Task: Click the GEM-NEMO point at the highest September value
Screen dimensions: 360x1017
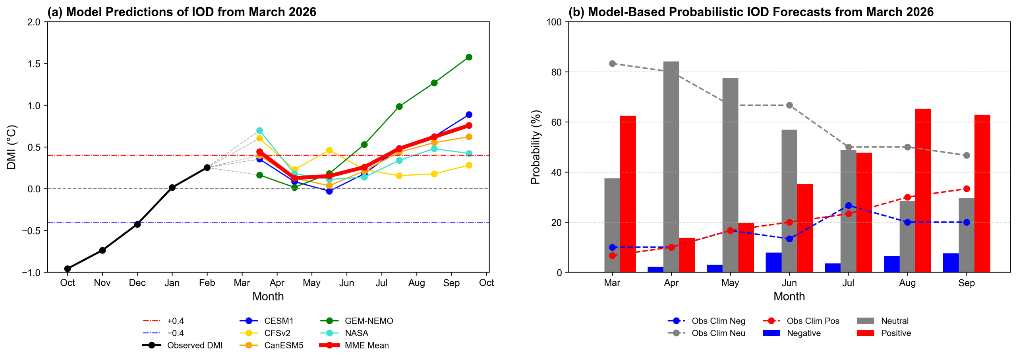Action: pyautogui.click(x=469, y=57)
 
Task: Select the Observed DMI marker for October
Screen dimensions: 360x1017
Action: pyautogui.click(x=68, y=269)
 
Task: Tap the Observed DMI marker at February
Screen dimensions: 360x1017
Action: pyautogui.click(x=207, y=168)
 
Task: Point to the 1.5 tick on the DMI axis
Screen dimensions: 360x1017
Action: pyautogui.click(x=34, y=64)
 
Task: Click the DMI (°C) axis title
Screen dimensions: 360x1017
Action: pyautogui.click(x=12, y=147)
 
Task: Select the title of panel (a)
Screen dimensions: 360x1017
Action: pyautogui.click(x=182, y=12)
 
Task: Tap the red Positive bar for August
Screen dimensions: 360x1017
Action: pyautogui.click(x=923, y=191)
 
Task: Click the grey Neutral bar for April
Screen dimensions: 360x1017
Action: pyautogui.click(x=671, y=167)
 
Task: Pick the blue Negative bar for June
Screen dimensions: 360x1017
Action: pyautogui.click(x=773, y=262)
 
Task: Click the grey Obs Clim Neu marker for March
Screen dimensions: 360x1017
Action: pyautogui.click(x=612, y=64)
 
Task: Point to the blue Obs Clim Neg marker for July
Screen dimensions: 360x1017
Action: pyautogui.click(x=849, y=205)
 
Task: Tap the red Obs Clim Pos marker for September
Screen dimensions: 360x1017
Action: pyautogui.click(x=967, y=189)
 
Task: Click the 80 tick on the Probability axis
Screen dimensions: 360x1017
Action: pyautogui.click(x=557, y=72)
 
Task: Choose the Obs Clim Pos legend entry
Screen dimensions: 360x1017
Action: pyautogui.click(x=812, y=321)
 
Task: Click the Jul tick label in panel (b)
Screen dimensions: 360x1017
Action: pyautogui.click(x=848, y=283)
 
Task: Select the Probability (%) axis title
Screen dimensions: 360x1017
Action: pyautogui.click(x=536, y=147)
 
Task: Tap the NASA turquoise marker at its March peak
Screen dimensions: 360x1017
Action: pyautogui.click(x=259, y=130)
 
